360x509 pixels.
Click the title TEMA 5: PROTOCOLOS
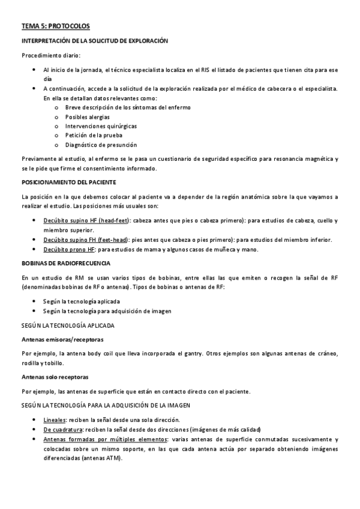(x=55, y=26)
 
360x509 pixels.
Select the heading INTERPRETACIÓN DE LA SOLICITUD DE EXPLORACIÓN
(x=94, y=41)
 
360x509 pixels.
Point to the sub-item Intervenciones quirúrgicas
(x=101, y=126)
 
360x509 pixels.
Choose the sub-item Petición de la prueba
(x=94, y=136)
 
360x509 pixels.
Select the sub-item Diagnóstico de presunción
(x=101, y=145)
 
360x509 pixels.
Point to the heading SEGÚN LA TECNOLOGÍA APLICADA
(x=68, y=325)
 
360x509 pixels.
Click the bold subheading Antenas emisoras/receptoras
(x=62, y=340)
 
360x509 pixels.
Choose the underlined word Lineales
(x=54, y=420)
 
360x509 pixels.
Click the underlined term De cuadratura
(x=63, y=430)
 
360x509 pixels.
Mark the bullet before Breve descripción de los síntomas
(x=56, y=107)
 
